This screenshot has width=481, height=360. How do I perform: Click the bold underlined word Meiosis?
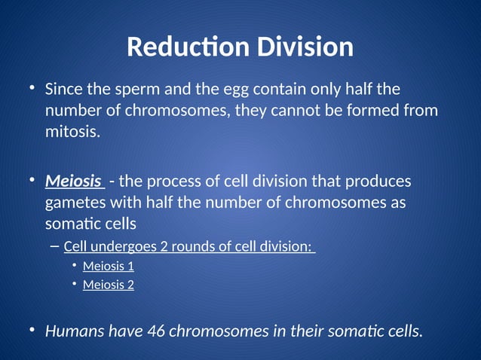coord(73,182)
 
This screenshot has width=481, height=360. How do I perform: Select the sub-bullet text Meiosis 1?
coord(108,266)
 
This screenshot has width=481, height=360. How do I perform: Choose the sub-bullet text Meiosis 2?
coord(108,285)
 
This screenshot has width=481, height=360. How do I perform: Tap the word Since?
coord(63,90)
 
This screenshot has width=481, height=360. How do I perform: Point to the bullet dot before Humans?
coord(32,330)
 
